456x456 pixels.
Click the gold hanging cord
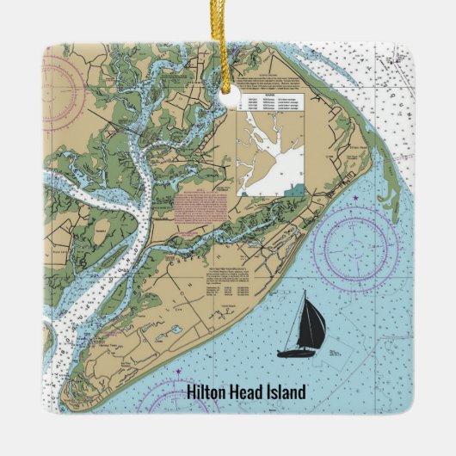229,43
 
